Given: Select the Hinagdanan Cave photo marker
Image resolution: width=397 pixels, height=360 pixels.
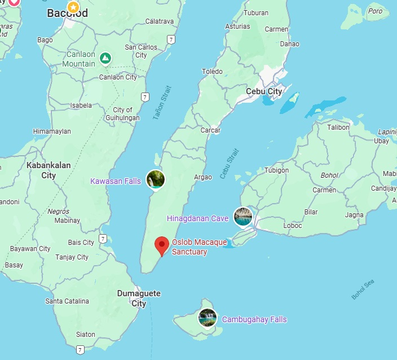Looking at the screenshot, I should [x=244, y=217].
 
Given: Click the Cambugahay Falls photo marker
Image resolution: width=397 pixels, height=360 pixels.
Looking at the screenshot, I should [x=208, y=318].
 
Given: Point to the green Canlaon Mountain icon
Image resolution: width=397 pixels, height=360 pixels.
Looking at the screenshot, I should [x=105, y=58].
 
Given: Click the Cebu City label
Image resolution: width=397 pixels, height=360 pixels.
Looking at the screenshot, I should [x=264, y=91].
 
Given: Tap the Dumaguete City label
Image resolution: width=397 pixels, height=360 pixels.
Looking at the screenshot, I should [x=139, y=298].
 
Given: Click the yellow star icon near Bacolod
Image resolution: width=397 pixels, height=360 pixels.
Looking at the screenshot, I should [x=73, y=7].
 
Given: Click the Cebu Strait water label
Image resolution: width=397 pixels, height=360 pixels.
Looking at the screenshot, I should [x=230, y=164].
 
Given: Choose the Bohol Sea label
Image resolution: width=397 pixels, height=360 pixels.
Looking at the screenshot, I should [x=363, y=289].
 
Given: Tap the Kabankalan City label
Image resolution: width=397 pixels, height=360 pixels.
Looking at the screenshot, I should [x=48, y=170].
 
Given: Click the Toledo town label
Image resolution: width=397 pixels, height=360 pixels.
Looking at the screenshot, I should [x=213, y=72].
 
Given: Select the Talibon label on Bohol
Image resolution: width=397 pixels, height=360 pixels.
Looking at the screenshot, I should [x=339, y=128].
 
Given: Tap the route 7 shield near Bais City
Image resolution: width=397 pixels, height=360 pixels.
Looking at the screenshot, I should [x=103, y=239].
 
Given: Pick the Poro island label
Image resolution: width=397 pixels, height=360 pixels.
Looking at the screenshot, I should [x=375, y=11].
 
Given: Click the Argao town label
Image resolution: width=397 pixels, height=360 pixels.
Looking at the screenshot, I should [x=203, y=177].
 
